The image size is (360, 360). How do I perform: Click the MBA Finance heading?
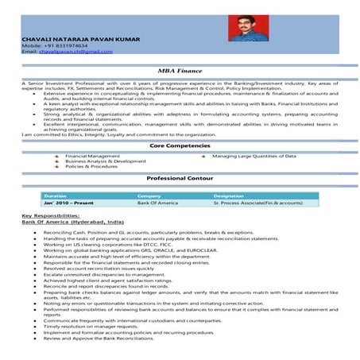click(179, 70)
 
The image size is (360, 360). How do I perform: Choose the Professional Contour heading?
click(179, 180)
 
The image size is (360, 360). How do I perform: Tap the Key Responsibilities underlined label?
click(51, 216)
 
